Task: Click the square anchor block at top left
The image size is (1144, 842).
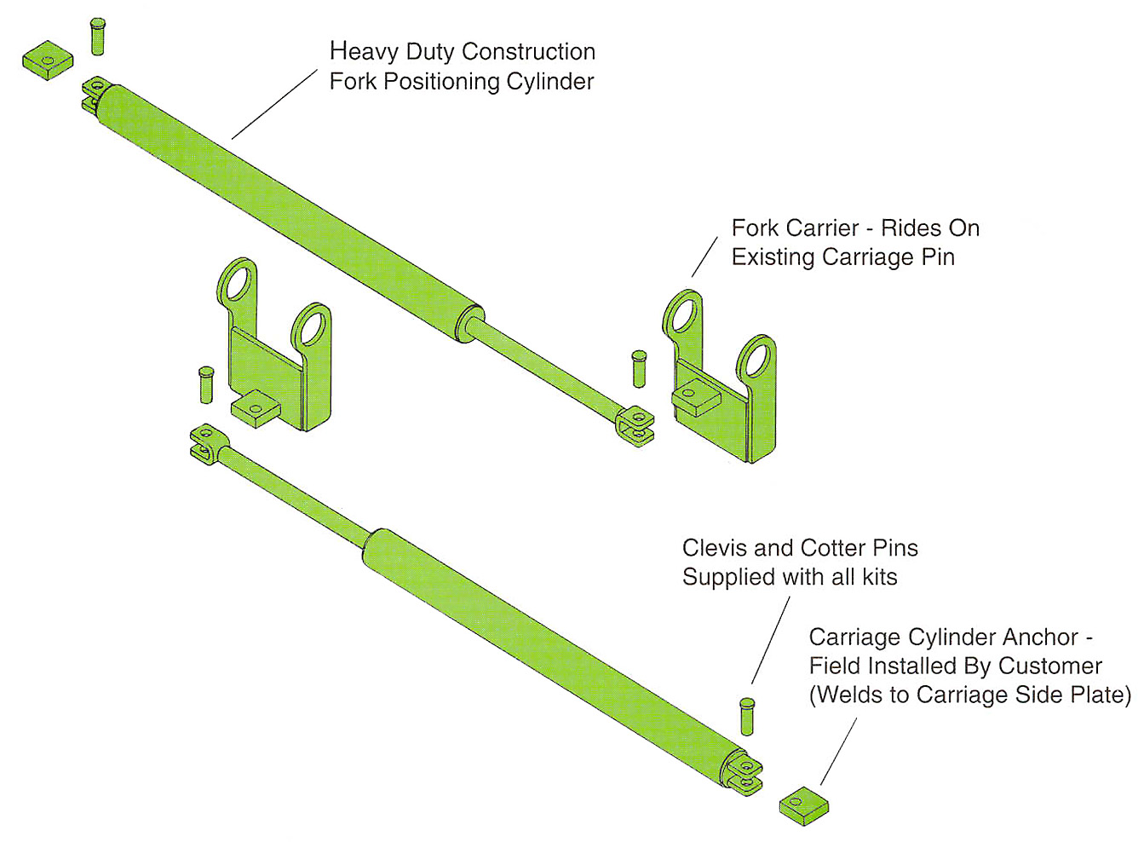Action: (47, 60)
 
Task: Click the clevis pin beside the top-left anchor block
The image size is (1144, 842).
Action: (98, 37)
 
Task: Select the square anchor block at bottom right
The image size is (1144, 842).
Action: (803, 805)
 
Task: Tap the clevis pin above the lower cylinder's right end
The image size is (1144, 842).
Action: (747, 716)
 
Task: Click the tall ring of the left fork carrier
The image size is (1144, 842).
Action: (238, 282)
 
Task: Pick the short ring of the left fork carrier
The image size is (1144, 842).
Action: (311, 326)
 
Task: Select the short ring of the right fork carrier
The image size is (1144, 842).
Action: (756, 359)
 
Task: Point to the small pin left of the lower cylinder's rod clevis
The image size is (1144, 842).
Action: (205, 384)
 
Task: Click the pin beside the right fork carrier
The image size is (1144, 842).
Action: (639, 368)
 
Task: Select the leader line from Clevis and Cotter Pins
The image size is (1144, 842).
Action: (770, 639)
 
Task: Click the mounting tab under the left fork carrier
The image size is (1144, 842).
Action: (256, 410)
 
